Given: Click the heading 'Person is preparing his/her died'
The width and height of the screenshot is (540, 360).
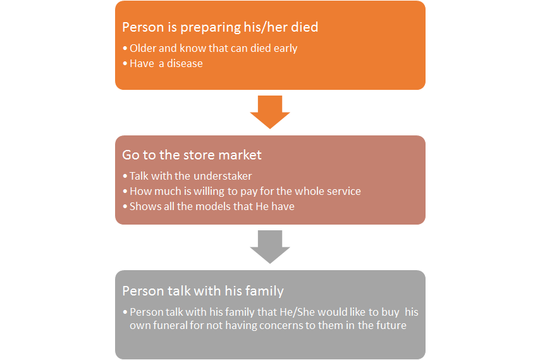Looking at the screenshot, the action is (220, 27).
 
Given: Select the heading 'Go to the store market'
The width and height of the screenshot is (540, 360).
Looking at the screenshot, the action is (192, 155).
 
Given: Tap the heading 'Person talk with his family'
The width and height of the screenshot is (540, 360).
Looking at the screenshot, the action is (203, 291).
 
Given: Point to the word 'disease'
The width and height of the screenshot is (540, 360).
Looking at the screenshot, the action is (185, 63).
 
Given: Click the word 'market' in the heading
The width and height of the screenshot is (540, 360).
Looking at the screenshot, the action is (240, 155).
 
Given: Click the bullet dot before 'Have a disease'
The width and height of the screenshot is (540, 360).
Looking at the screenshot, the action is (125, 64).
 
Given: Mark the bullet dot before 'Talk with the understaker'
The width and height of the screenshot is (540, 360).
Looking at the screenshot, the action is (125, 177).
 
